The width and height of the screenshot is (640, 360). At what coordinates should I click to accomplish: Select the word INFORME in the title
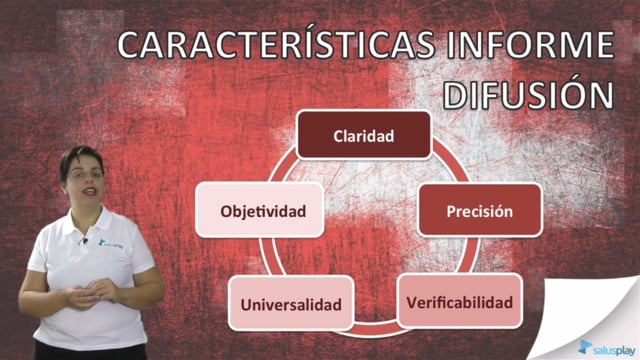coord(530,44)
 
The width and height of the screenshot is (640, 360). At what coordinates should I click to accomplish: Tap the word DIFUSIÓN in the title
coord(529,94)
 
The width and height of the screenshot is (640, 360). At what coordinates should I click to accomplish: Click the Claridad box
coord(364,135)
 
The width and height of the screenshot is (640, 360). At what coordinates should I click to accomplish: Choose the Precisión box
coord(480,210)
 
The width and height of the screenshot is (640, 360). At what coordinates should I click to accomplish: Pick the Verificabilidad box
coord(460,301)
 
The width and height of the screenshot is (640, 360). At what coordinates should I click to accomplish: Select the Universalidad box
coord(291,303)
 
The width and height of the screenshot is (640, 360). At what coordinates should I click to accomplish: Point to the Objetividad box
coord(260,210)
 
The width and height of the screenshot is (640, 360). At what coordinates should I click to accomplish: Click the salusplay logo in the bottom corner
coord(607,348)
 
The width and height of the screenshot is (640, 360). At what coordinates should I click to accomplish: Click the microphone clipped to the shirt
coord(84,241)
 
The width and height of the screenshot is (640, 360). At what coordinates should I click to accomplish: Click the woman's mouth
coord(89,191)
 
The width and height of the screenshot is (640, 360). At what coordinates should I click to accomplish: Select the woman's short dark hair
coord(80,161)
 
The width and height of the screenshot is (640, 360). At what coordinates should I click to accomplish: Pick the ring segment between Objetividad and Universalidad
coord(266,257)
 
